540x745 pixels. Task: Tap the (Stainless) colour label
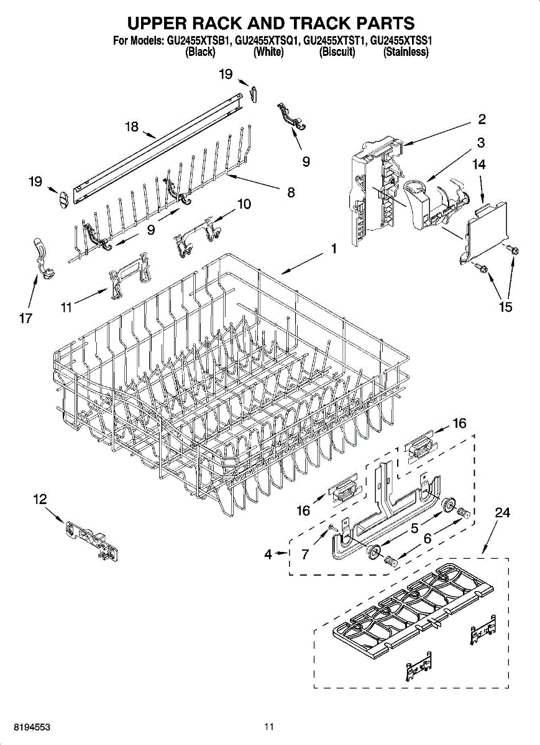pyautogui.click(x=406, y=53)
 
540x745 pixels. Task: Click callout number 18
pyautogui.click(x=132, y=127)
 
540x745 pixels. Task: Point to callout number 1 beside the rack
pyautogui.click(x=334, y=249)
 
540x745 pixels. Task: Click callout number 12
pyautogui.click(x=40, y=499)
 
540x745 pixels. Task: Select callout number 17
pyautogui.click(x=25, y=318)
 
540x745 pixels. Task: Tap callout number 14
pyautogui.click(x=478, y=165)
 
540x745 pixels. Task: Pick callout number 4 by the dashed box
pyautogui.click(x=268, y=555)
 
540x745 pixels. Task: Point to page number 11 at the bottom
pyautogui.click(x=268, y=726)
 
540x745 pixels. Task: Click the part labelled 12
pyautogui.click(x=91, y=541)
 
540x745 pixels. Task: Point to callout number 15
pyautogui.click(x=506, y=307)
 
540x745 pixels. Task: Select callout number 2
pyautogui.click(x=482, y=119)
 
